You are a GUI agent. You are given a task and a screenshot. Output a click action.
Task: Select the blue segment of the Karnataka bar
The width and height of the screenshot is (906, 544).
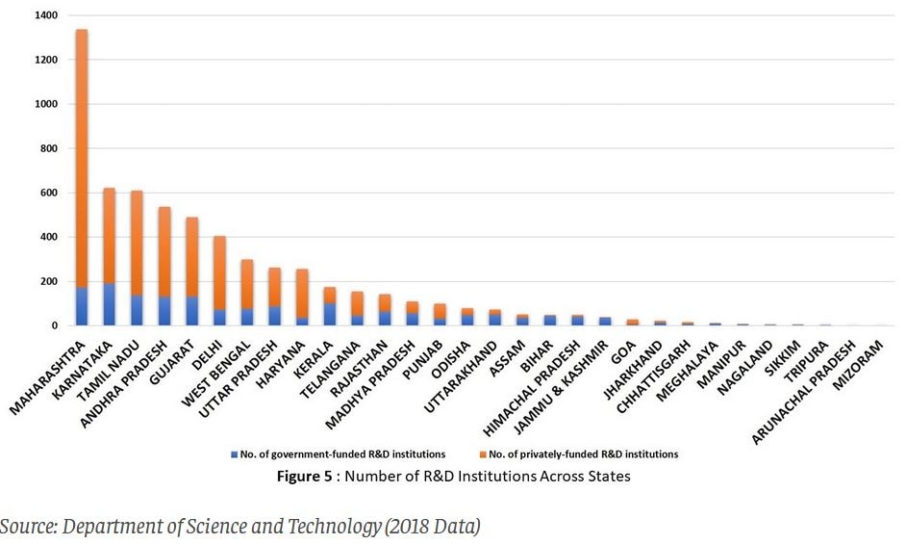coord(109,304)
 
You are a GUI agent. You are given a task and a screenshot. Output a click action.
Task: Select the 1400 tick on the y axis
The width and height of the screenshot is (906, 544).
coord(44,16)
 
